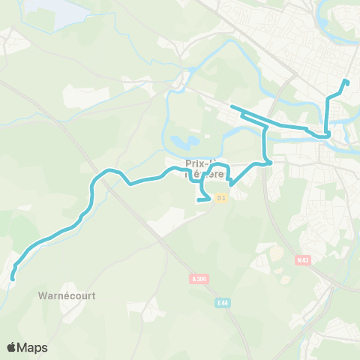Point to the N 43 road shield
[302, 260]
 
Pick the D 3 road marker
[220, 198]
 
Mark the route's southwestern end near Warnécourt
[12, 278]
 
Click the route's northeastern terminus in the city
[345, 81]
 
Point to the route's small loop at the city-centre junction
[327, 134]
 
